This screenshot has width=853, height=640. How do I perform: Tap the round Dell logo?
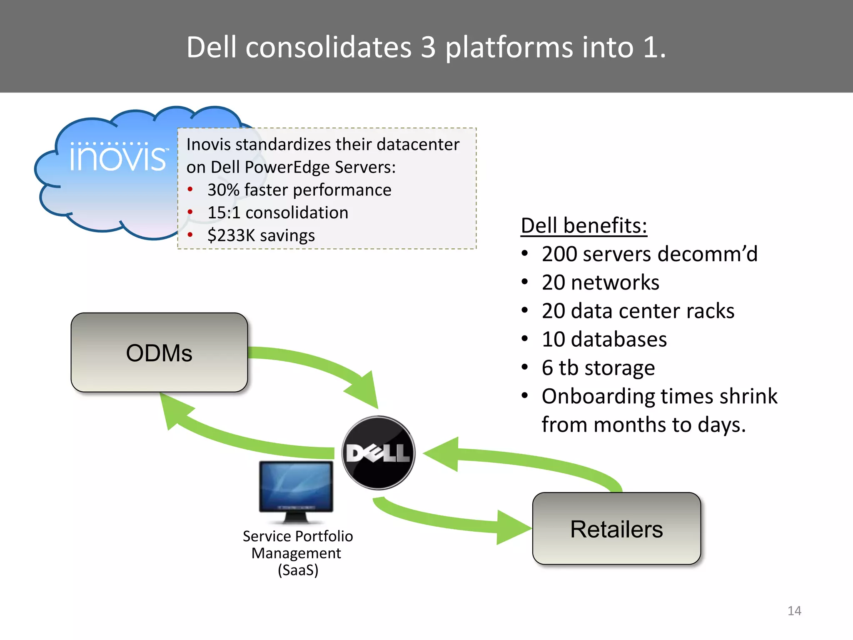(378, 452)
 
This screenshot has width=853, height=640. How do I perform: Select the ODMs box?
(159, 352)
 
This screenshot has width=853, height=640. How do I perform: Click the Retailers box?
(616, 529)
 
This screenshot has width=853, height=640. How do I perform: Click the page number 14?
(794, 611)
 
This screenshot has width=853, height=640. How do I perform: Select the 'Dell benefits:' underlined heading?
(584, 225)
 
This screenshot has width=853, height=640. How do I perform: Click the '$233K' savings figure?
(231, 235)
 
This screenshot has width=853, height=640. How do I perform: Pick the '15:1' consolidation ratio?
(224, 213)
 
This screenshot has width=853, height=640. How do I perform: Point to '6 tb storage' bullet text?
(598, 368)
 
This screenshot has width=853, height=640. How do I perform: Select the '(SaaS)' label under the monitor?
(298, 570)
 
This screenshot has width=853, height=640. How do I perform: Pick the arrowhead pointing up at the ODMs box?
(173, 410)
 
